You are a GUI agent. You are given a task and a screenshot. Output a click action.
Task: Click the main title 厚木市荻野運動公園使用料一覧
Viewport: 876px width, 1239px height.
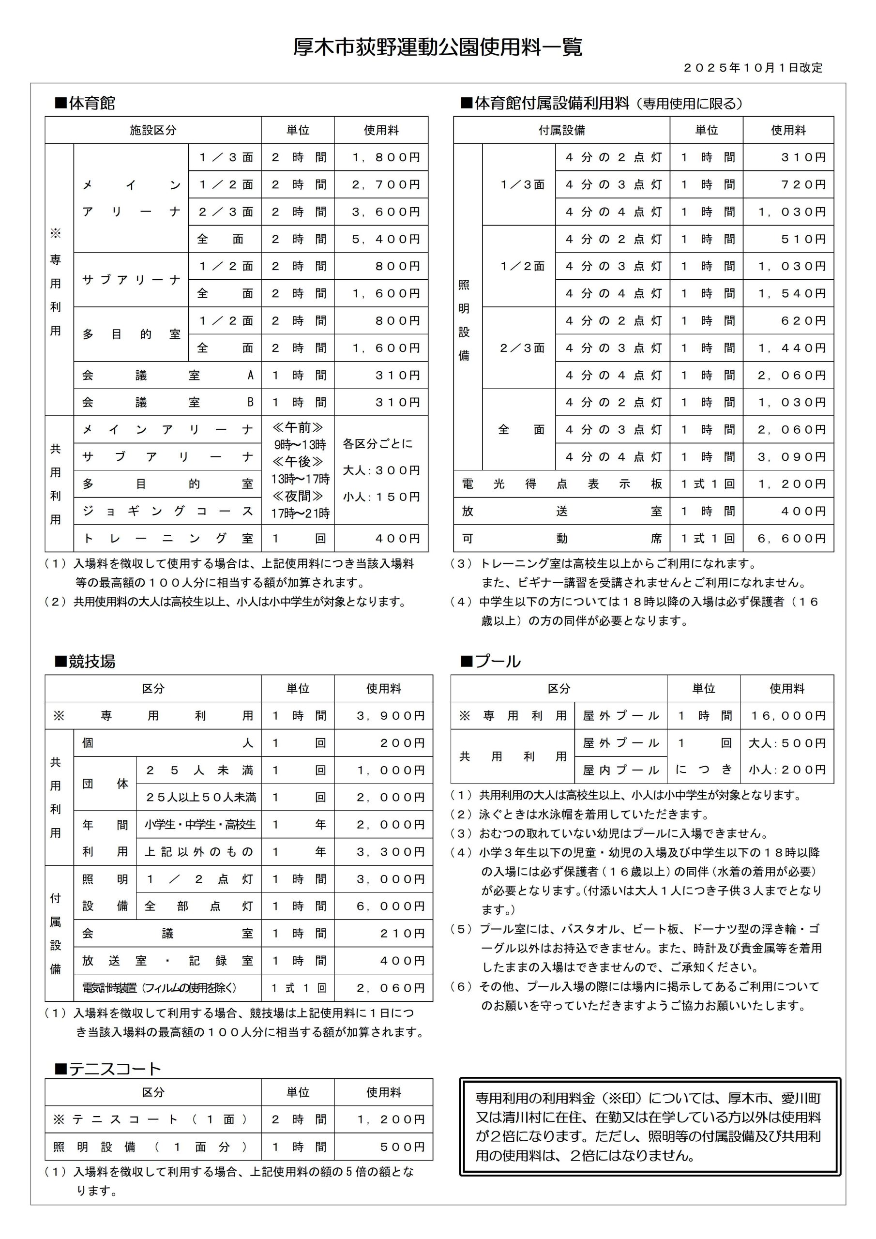coord(438,47)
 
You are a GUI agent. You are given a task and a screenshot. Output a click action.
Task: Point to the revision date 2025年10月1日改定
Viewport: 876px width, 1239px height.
coord(753,68)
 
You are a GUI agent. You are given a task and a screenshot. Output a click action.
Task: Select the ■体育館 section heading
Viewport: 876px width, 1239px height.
coord(85,103)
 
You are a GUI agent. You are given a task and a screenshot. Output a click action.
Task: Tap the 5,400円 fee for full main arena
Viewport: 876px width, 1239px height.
coord(385,239)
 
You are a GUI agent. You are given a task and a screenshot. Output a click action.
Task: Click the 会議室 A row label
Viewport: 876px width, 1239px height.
coord(167,375)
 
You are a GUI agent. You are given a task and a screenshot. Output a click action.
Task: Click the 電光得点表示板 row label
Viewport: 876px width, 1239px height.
coord(561,484)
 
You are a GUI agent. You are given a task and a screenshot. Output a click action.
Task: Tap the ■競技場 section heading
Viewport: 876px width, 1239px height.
coord(85,662)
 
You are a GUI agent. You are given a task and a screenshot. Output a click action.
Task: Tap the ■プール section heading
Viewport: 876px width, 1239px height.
coord(491,662)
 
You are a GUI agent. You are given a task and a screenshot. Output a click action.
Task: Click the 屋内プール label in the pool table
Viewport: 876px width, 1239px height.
coord(621,771)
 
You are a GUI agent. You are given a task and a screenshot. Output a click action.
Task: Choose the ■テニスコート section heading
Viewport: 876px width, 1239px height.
coord(108,1069)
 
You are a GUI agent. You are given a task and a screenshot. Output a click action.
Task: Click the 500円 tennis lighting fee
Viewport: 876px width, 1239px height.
coord(402,1147)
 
